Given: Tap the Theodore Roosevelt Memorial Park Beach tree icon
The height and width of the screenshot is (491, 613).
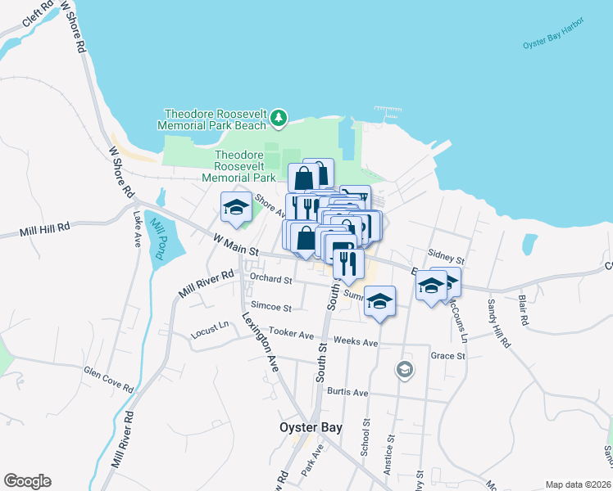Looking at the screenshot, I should click(x=279, y=119).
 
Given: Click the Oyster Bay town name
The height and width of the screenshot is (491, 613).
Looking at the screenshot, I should click(x=311, y=427).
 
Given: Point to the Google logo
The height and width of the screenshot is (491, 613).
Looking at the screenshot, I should click(x=27, y=481).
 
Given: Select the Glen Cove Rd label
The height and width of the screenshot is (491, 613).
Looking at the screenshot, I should click(x=108, y=378).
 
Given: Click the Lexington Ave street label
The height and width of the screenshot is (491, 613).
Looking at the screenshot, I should click(x=261, y=340).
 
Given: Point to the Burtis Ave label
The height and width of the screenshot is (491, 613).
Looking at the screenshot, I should click(x=348, y=393).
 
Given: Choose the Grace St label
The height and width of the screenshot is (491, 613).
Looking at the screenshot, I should click(x=448, y=356).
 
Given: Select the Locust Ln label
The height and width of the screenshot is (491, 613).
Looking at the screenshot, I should click(x=211, y=331).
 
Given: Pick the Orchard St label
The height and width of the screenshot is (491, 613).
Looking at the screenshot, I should click(x=271, y=279).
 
